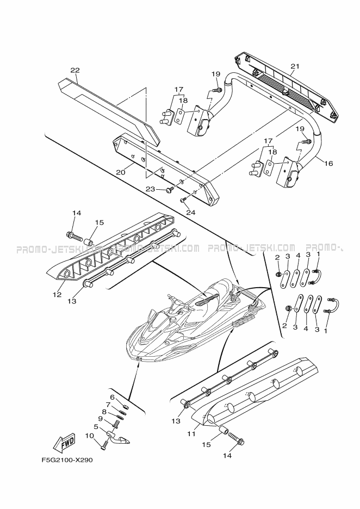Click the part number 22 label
[75, 70]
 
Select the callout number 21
[294, 66]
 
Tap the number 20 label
[121, 172]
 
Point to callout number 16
[328, 163]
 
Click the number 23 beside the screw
[150, 189]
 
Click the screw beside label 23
[170, 189]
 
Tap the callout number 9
[101, 419]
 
